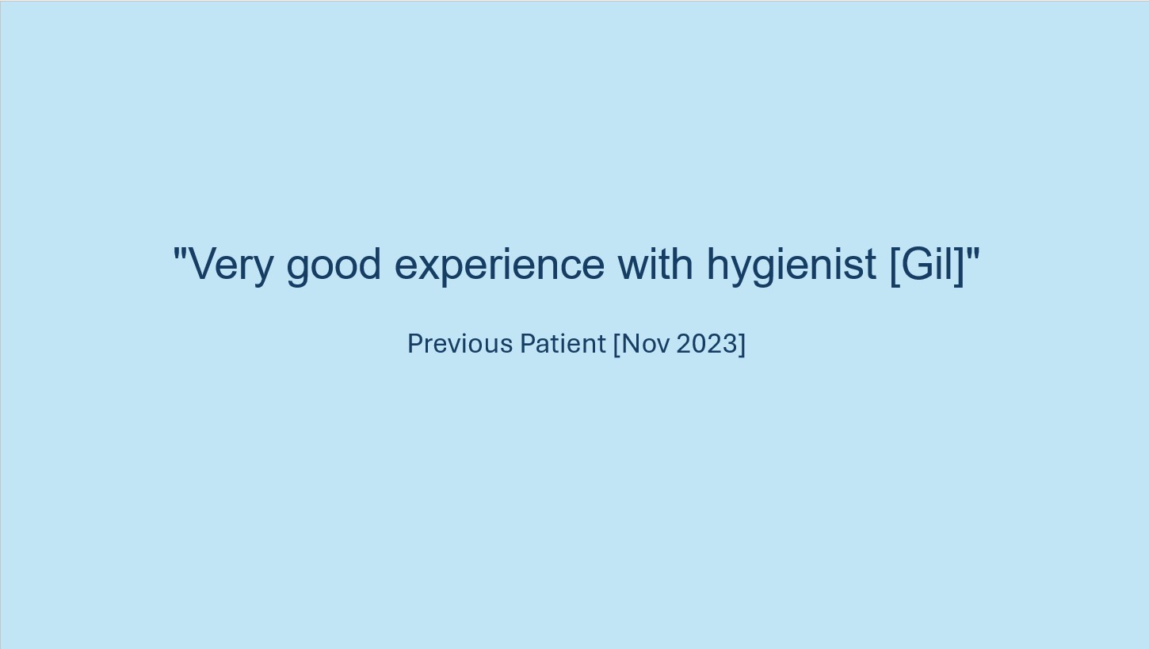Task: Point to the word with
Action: click(655, 262)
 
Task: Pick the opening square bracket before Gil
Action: click(895, 265)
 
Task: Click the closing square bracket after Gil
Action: click(959, 265)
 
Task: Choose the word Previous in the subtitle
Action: click(460, 343)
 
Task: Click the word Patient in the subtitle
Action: click(563, 343)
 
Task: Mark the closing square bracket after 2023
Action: click(742, 344)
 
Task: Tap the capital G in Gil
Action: click(915, 263)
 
